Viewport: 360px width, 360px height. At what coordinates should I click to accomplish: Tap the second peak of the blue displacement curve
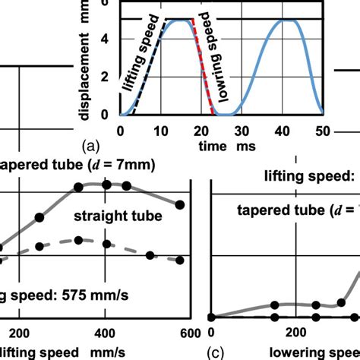284,21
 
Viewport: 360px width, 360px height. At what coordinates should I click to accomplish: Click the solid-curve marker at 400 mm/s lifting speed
106,185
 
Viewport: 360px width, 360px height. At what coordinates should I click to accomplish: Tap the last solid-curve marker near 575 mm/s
180,204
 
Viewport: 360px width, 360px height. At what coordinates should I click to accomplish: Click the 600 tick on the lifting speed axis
190,332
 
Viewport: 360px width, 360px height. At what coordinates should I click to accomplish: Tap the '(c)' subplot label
216,352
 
